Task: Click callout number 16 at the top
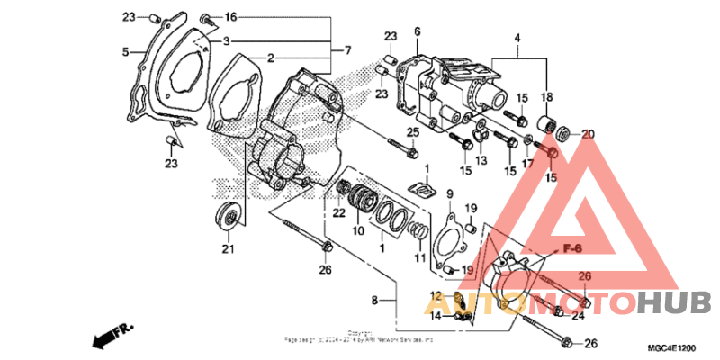coord(231,17)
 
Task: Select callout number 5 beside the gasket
coord(126,51)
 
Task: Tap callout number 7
coord(336,49)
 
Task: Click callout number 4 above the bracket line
coord(517,38)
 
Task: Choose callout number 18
coord(547,96)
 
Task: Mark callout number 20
coord(588,135)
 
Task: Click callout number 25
coord(413,133)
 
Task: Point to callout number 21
coord(228,249)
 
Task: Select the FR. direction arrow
coord(109,337)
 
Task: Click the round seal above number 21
coord(228,216)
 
